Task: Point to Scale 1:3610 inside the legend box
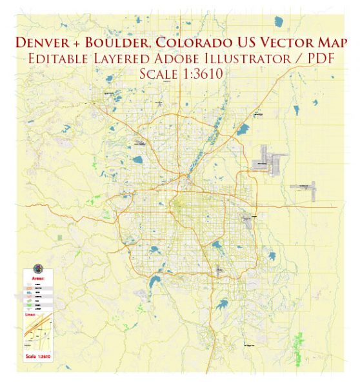pyautogui.click(x=37, y=355)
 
